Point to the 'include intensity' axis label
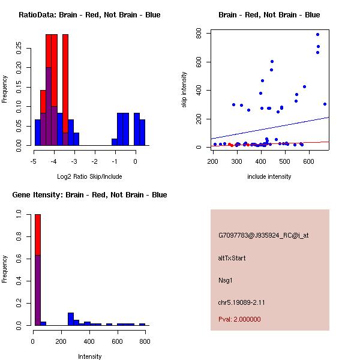point(269,176)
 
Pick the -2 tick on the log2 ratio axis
point(95,161)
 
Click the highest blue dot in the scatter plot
point(317,34)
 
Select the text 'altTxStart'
point(232,258)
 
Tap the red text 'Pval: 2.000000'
point(239,319)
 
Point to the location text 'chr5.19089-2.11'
point(241,302)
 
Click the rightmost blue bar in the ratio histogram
point(142,132)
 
